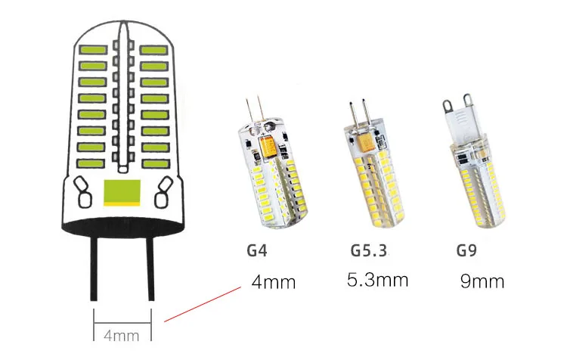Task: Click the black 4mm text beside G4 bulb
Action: tap(273, 283)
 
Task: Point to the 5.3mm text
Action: tap(377, 281)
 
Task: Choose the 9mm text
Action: tap(482, 282)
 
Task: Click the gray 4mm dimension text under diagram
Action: tap(122, 334)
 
